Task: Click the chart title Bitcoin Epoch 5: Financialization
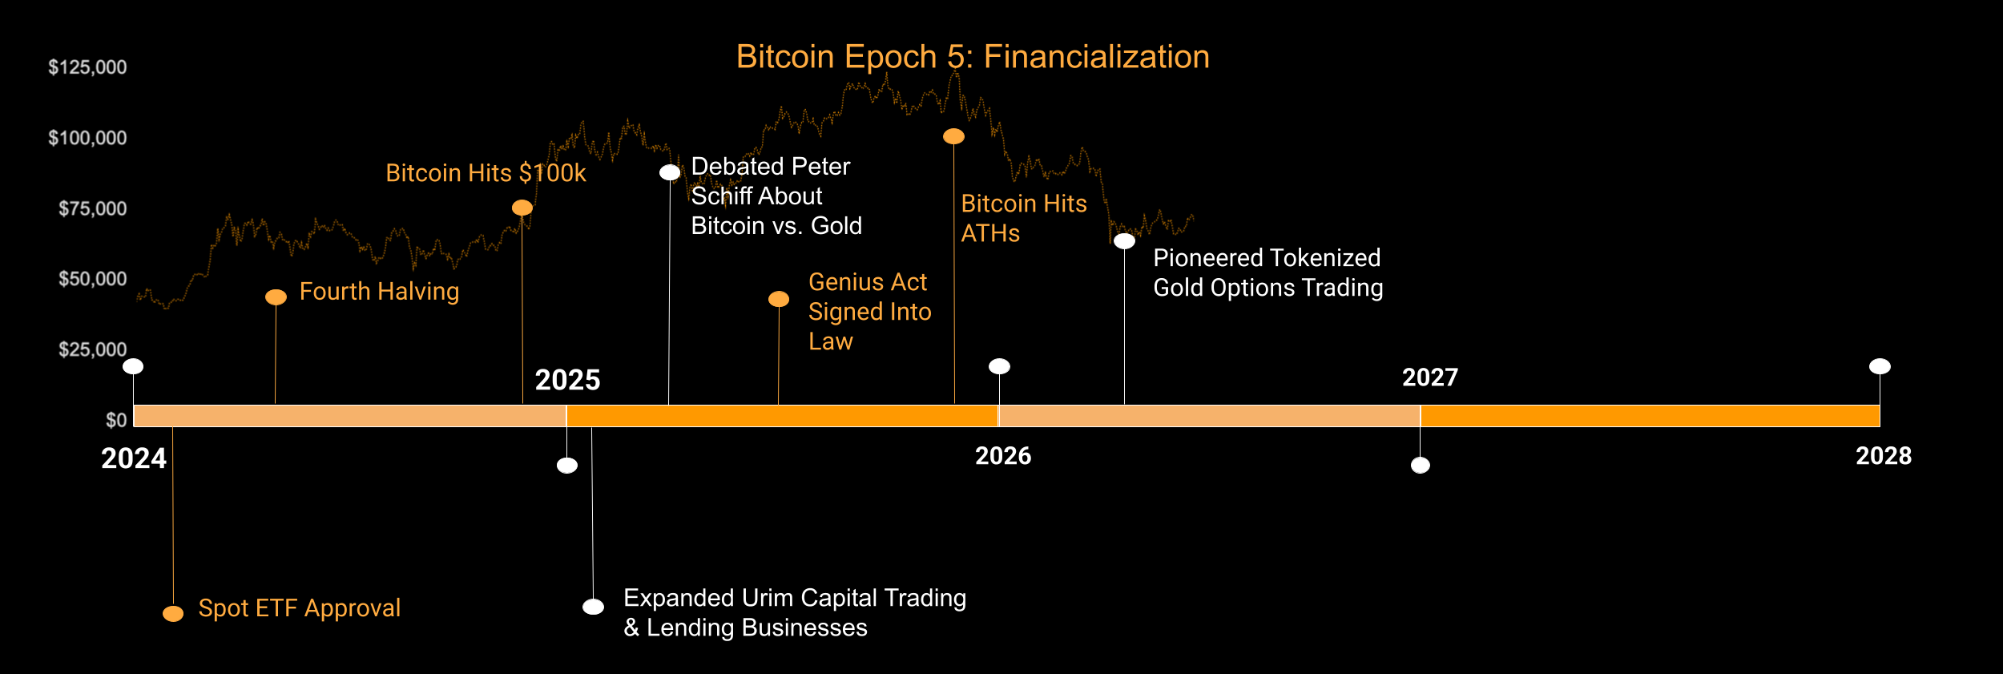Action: coord(972,57)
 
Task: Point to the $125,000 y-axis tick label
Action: coord(87,67)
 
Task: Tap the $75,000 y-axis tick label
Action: coord(92,209)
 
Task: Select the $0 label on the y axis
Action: coord(116,421)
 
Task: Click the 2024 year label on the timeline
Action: coord(134,459)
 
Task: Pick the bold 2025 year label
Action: coord(567,380)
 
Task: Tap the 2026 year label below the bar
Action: coord(1003,456)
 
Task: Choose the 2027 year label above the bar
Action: coord(1429,377)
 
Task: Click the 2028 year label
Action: coord(1883,456)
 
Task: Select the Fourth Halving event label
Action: coord(379,292)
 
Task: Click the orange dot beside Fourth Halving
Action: coord(276,297)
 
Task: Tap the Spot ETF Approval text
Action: coord(299,608)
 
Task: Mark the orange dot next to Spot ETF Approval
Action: coord(173,614)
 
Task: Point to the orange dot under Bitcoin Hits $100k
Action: coord(522,208)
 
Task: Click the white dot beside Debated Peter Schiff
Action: coord(670,172)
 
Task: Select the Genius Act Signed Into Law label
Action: coord(869,312)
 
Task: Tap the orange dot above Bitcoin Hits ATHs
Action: coord(953,136)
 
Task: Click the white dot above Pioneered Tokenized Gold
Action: coord(1124,241)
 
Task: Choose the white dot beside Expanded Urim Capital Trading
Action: coord(593,607)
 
